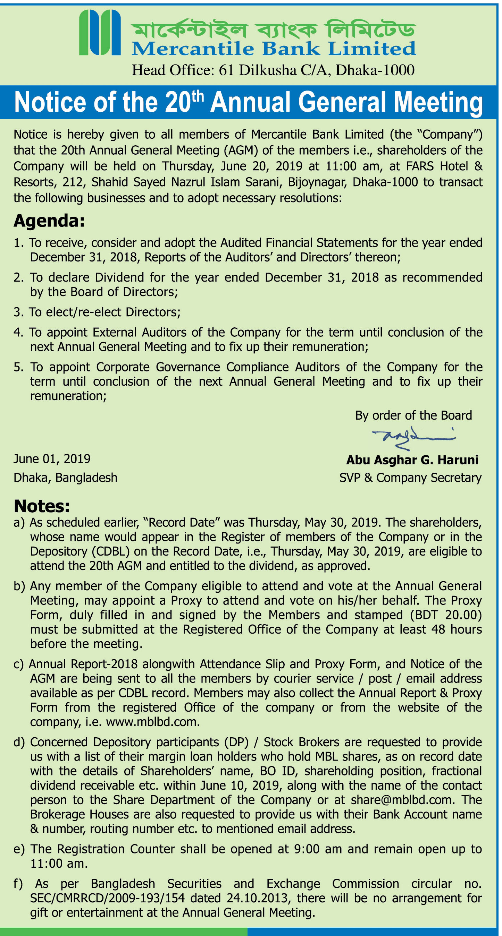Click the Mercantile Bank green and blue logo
coord(100,33)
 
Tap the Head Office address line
coord(273,70)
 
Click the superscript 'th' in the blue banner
coord(198,96)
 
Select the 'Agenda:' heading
coord(49,221)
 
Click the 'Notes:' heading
coord(41,506)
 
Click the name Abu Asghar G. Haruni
coord(412,460)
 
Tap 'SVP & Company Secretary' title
coord(410,478)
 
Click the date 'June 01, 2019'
coord(52,459)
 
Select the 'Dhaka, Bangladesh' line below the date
coord(66,478)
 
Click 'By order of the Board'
coord(413,415)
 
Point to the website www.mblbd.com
coord(152,722)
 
